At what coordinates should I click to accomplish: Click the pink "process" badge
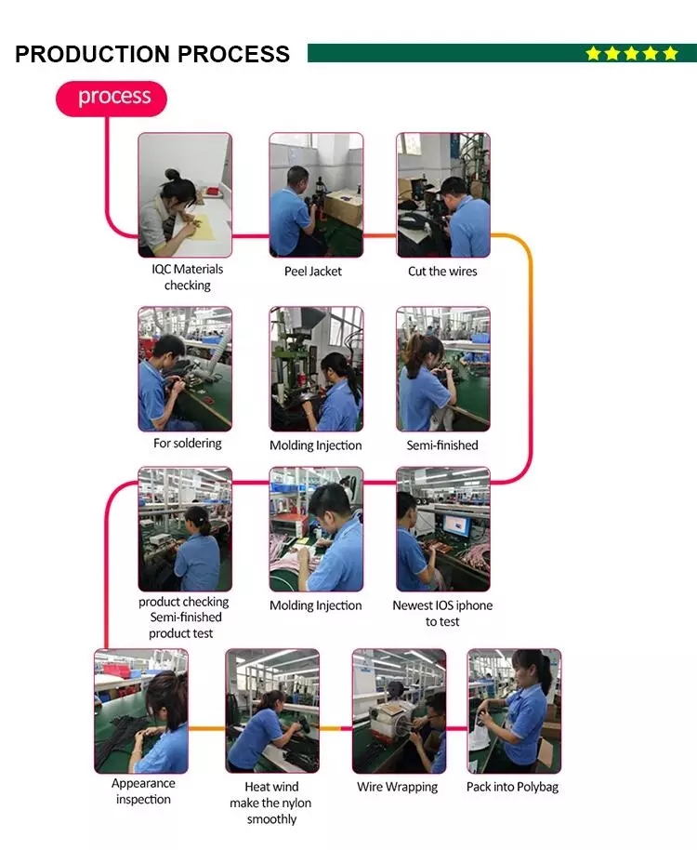pyautogui.click(x=112, y=98)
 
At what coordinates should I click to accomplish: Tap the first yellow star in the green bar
pyautogui.click(x=593, y=54)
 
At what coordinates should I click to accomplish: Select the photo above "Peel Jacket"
pyautogui.click(x=316, y=195)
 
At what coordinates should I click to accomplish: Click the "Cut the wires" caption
pyautogui.click(x=442, y=272)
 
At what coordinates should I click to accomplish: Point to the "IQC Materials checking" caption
pyautogui.click(x=188, y=277)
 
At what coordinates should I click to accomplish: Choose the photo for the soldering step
pyautogui.click(x=185, y=369)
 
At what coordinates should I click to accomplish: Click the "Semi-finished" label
pyautogui.click(x=442, y=445)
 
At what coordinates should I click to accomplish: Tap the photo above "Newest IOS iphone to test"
pyautogui.click(x=442, y=529)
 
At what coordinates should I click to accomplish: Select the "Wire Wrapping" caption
pyautogui.click(x=398, y=787)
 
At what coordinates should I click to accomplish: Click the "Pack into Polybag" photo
pyautogui.click(x=514, y=711)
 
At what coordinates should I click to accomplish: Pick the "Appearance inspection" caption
pyautogui.click(x=143, y=791)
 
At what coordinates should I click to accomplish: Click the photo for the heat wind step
pyautogui.click(x=272, y=711)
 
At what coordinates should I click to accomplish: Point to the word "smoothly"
pyautogui.click(x=272, y=819)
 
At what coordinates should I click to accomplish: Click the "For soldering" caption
pyautogui.click(x=188, y=444)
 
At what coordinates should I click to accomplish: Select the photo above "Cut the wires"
pyautogui.click(x=442, y=195)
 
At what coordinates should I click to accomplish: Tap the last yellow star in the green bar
pyautogui.click(x=670, y=54)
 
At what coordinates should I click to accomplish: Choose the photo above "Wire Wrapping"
pyautogui.click(x=398, y=711)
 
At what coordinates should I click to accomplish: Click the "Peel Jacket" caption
pyautogui.click(x=313, y=272)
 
